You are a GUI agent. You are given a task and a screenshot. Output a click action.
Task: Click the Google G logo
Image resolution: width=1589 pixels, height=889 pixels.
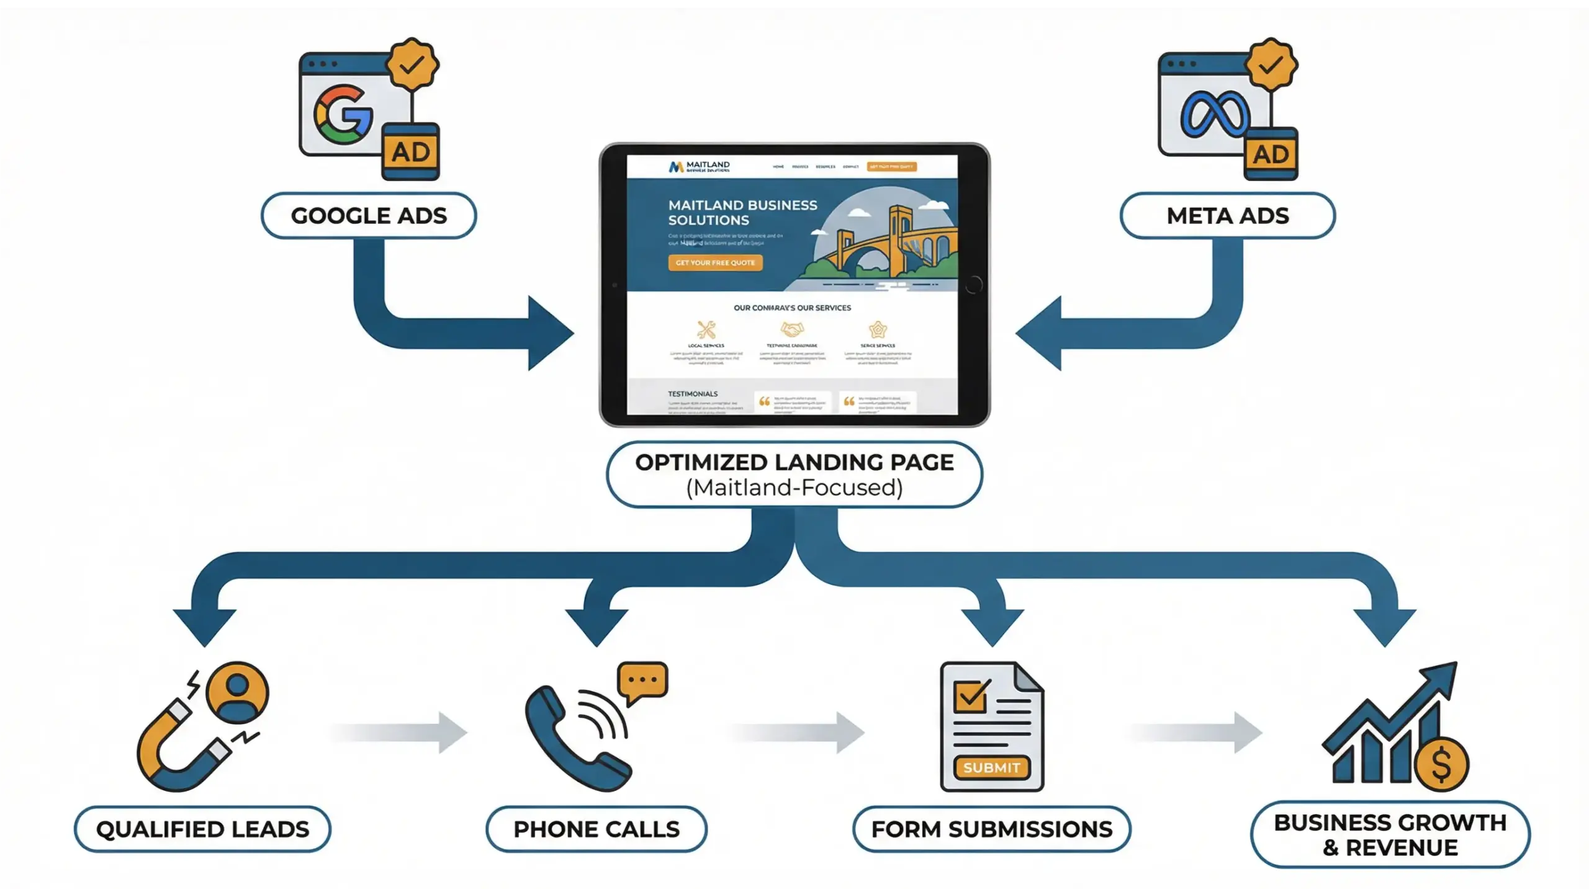click(343, 115)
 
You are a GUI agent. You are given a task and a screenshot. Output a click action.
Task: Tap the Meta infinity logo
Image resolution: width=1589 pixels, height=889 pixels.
click(1213, 115)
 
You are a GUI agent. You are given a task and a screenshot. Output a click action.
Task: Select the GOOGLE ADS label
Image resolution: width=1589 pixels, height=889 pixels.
click(369, 215)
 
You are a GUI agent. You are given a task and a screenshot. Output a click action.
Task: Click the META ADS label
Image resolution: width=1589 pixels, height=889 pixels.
click(1227, 215)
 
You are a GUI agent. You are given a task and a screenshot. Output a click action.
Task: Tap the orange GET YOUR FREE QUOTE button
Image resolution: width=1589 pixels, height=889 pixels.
click(715, 262)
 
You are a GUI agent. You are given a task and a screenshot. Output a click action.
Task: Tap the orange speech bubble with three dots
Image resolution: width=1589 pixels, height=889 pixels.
click(642, 681)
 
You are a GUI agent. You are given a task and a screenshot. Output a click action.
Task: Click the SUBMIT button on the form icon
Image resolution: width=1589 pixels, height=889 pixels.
click(991, 767)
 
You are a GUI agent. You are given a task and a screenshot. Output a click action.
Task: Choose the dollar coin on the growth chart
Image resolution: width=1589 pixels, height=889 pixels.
click(1441, 764)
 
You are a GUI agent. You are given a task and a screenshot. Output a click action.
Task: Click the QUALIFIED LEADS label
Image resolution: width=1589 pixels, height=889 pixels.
click(202, 829)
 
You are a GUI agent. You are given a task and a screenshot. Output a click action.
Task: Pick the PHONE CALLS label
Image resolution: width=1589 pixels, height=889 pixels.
click(596, 829)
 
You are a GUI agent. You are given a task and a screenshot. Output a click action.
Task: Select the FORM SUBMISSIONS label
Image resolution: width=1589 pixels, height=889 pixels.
click(991, 829)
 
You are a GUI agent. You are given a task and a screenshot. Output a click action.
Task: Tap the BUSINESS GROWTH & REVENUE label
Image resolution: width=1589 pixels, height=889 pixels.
click(1390, 834)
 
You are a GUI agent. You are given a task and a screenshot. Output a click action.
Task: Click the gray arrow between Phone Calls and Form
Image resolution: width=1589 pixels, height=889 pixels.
click(798, 732)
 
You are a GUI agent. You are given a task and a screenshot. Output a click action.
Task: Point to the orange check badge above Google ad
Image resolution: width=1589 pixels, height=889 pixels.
click(412, 64)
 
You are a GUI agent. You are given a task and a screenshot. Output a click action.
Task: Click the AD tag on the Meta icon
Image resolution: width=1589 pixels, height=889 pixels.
click(1271, 154)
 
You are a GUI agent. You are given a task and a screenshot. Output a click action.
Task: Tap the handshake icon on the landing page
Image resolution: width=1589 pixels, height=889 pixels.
click(792, 329)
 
